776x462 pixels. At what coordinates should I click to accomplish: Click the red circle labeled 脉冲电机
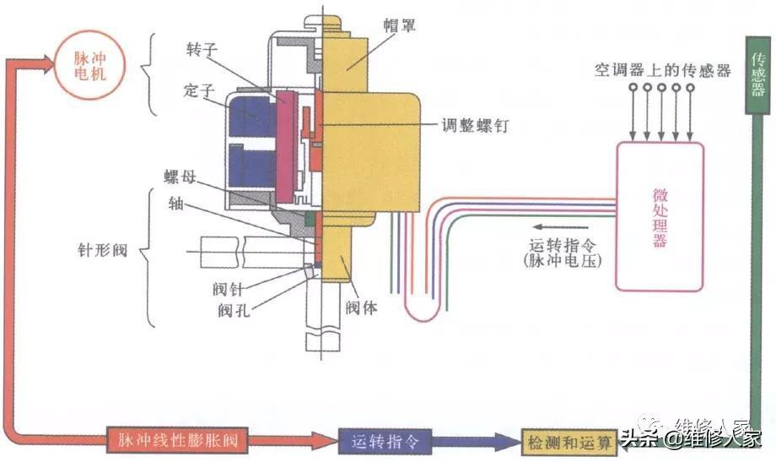(89, 65)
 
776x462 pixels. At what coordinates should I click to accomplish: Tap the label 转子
(202, 49)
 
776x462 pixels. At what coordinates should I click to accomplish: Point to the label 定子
(198, 90)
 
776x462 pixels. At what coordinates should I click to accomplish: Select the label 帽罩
(399, 25)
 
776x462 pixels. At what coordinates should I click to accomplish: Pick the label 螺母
(181, 177)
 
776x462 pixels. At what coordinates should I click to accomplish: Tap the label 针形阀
(102, 250)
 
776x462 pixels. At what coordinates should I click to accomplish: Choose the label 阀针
(228, 289)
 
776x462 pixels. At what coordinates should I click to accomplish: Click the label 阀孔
(233, 310)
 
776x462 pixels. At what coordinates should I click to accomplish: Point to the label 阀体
(361, 307)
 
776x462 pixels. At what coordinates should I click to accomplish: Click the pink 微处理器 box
(660, 216)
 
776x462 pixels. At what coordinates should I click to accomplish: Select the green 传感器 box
(758, 75)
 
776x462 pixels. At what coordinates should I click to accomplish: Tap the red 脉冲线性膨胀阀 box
(177, 439)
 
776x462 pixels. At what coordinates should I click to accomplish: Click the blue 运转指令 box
(385, 441)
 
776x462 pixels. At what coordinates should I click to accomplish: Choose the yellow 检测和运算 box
(569, 443)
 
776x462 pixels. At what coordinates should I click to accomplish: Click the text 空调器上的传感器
(663, 70)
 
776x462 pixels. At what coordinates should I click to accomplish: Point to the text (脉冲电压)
(563, 261)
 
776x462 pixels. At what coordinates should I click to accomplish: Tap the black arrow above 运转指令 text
(560, 227)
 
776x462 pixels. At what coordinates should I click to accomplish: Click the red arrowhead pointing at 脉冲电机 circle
(48, 64)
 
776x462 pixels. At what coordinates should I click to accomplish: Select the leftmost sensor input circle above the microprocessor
(633, 88)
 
